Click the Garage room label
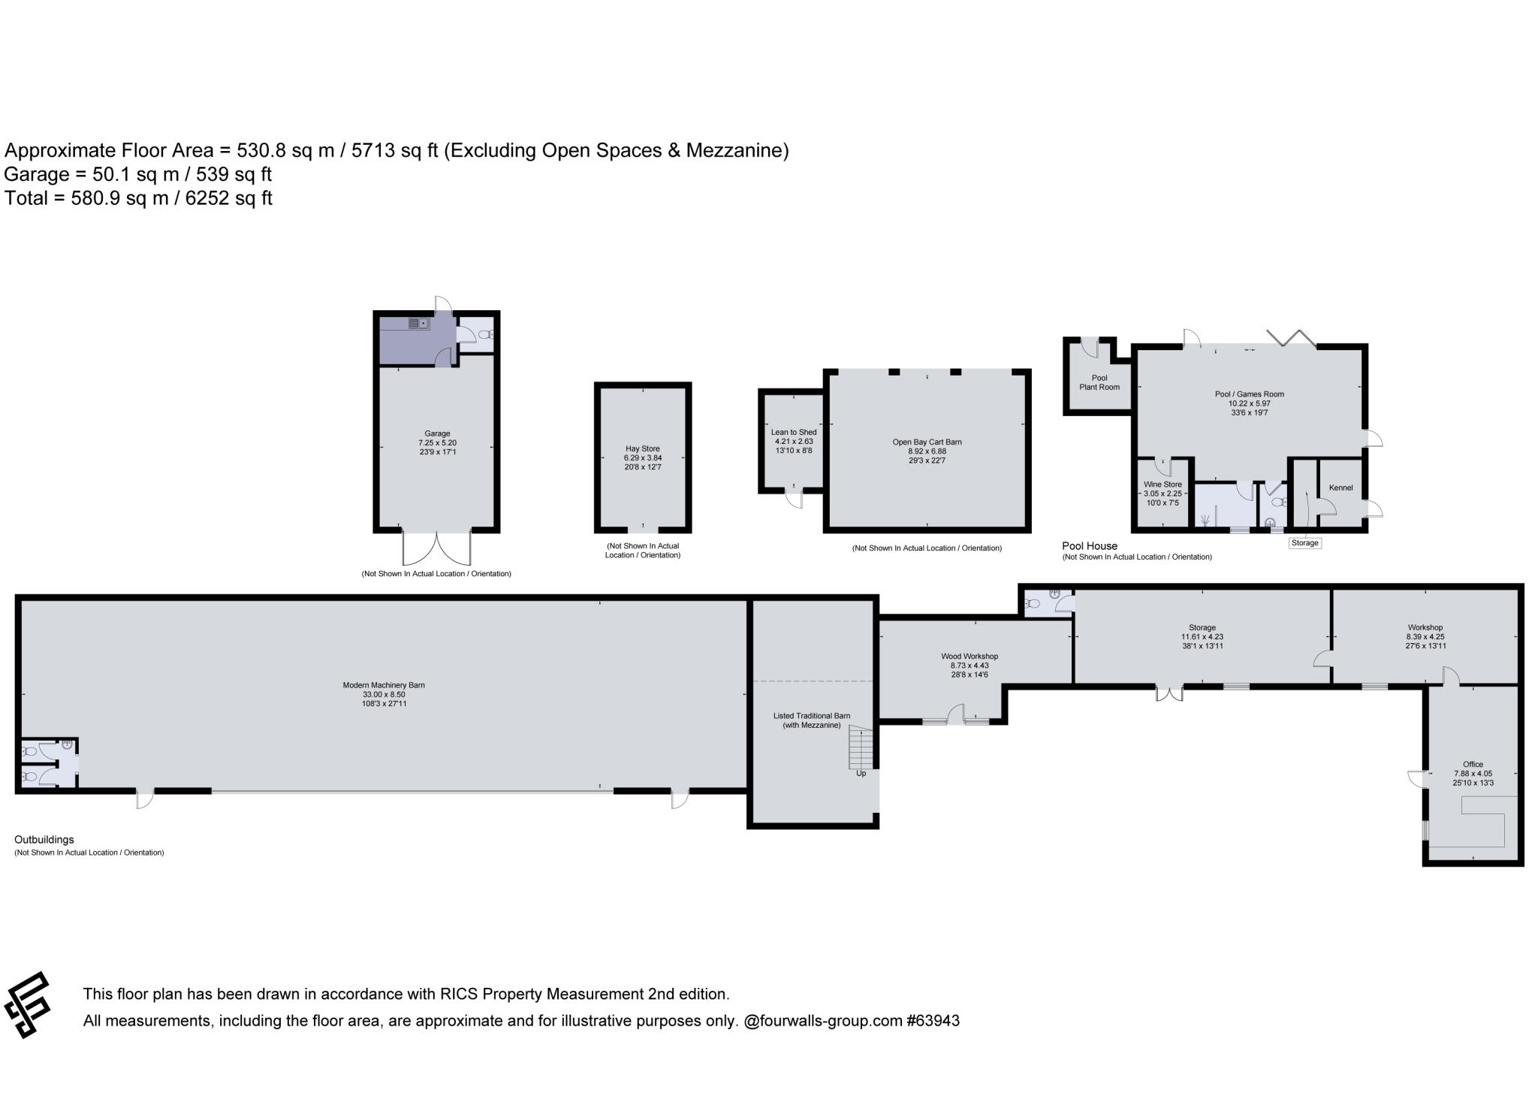[x=437, y=433]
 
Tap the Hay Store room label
[x=642, y=448]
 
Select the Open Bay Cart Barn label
[x=927, y=442]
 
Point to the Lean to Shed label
[x=794, y=432]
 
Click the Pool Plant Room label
[x=1099, y=382]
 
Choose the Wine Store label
[x=1163, y=485]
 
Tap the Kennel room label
[x=1340, y=488]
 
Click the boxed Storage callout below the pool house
[x=1304, y=543]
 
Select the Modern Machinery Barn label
[x=384, y=685]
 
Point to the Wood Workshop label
[x=970, y=657]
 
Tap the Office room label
[x=1473, y=764]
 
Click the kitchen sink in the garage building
[x=418, y=324]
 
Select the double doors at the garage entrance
[x=437, y=548]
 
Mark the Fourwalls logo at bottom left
[x=28, y=1004]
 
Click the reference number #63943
[x=933, y=1021]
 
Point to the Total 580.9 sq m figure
[x=138, y=198]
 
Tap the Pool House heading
[x=1089, y=546]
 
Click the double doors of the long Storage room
[x=1169, y=693]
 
